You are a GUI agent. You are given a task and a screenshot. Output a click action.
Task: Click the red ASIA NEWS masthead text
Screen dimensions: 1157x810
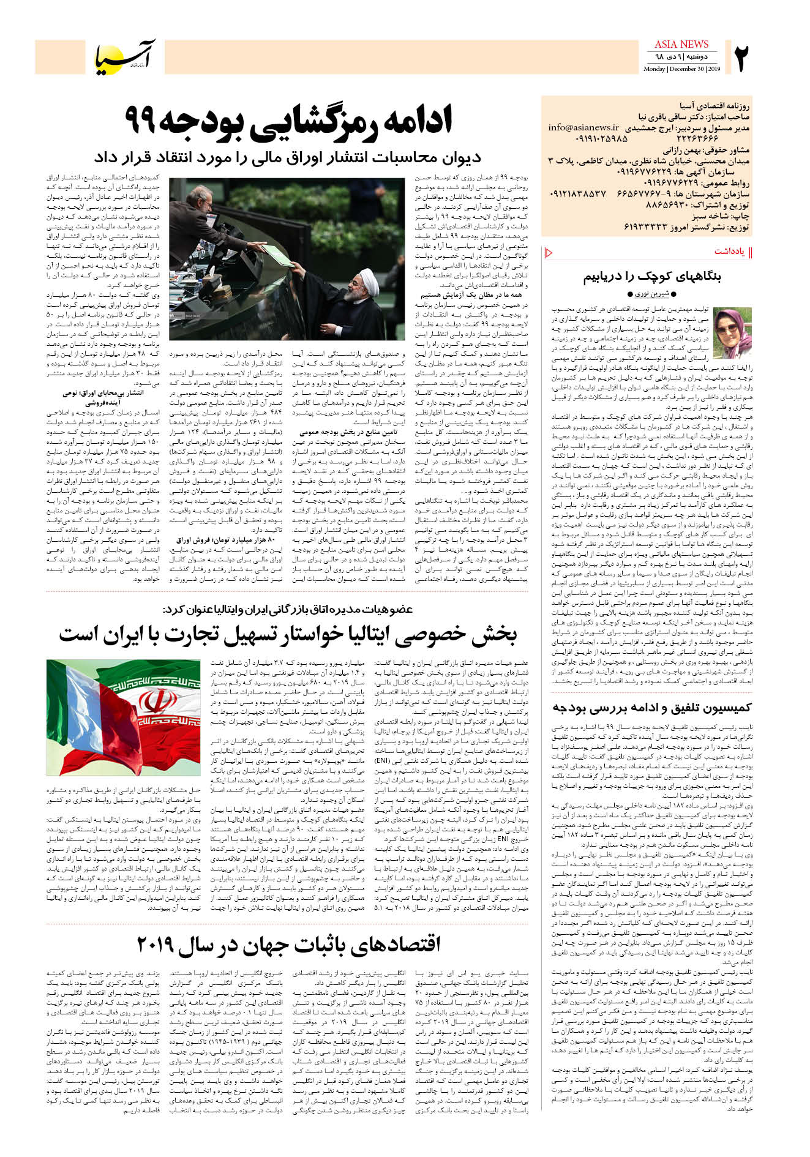tap(681, 44)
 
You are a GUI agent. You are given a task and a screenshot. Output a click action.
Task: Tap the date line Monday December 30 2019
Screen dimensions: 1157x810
tap(681, 69)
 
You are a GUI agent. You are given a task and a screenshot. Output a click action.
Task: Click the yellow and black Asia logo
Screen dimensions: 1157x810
tap(125, 56)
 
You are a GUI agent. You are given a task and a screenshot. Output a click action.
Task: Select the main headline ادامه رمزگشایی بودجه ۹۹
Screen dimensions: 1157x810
tap(288, 121)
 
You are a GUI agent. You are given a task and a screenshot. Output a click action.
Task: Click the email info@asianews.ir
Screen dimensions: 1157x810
tap(583, 128)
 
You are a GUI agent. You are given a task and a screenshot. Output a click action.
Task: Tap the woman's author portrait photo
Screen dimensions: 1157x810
tap(732, 333)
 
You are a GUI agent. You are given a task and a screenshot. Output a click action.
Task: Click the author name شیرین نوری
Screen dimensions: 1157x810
tap(651, 294)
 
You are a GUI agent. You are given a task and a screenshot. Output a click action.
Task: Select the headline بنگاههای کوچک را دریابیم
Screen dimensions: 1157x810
tap(651, 276)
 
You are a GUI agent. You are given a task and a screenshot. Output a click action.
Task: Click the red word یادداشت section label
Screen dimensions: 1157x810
tap(729, 252)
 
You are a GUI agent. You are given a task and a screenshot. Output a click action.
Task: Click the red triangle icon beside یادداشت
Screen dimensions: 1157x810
tap(549, 252)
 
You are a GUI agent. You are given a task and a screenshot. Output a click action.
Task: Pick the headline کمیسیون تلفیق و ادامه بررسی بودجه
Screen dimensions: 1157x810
tap(651, 708)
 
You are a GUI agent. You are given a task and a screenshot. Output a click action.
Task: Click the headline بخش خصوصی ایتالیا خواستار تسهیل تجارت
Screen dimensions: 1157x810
tap(288, 635)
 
